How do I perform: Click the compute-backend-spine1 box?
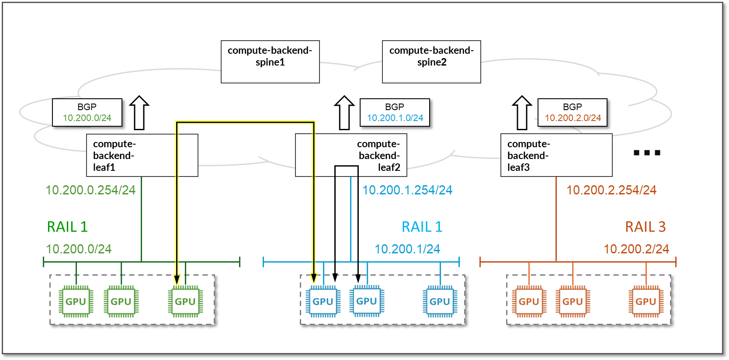(270, 62)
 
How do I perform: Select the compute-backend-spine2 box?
(431, 62)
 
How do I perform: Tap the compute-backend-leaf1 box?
(142, 155)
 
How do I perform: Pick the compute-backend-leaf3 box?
(556, 155)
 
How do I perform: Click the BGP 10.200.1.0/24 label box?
(395, 113)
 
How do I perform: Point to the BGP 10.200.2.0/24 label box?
(572, 113)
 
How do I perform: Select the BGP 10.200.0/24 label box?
(87, 113)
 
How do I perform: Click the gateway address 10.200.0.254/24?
(90, 190)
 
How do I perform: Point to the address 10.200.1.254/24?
(407, 190)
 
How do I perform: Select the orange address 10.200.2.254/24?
(611, 190)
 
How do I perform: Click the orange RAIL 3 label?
(645, 227)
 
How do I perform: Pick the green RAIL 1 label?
(67, 227)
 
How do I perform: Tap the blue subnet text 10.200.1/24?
(407, 249)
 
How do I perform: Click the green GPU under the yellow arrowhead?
(185, 301)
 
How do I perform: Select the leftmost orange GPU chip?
(529, 301)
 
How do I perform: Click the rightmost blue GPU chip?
(440, 301)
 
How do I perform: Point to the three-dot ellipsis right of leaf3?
(647, 152)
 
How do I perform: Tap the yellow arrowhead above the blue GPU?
(313, 278)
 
